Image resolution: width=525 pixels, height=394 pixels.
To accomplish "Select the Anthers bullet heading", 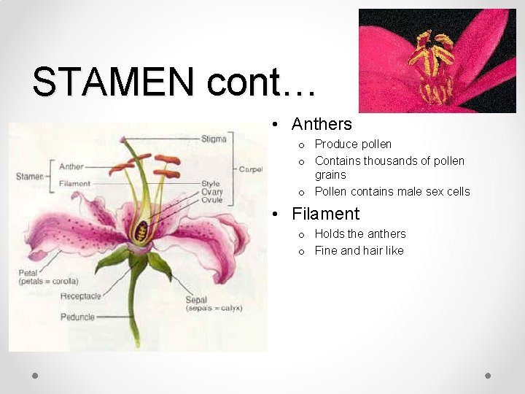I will pyautogui.click(x=322, y=124).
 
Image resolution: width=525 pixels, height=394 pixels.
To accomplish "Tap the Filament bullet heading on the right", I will pyautogui.click(x=325, y=214).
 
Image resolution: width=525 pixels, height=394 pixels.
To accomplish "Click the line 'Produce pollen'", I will pyautogui.click(x=353, y=144).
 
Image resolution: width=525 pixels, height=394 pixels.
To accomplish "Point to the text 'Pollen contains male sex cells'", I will pyautogui.click(x=392, y=192).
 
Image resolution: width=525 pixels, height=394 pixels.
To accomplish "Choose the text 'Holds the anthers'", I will pyautogui.click(x=360, y=233).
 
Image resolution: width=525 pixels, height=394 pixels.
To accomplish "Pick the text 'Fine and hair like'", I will pyautogui.click(x=359, y=251).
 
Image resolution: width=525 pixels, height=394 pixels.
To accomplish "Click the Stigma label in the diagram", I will pyautogui.click(x=214, y=139).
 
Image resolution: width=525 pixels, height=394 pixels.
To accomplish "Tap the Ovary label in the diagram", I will pyautogui.click(x=212, y=192).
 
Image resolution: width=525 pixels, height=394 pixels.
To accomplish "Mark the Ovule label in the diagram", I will pyautogui.click(x=212, y=200).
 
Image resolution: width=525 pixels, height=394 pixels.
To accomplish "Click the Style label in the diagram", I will pyautogui.click(x=211, y=184).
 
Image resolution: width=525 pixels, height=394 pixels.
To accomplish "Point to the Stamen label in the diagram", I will pyautogui.click(x=29, y=177).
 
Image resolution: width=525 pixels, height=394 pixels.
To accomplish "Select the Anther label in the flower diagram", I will pyautogui.click(x=71, y=167).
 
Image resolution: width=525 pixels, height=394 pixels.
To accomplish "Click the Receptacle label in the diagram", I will pyautogui.click(x=80, y=296).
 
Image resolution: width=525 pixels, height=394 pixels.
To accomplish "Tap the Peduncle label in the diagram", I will pyautogui.click(x=77, y=317).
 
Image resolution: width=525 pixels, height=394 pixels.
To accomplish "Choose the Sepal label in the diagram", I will pyautogui.click(x=196, y=299).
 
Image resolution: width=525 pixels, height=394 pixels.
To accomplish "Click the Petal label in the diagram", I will pyautogui.click(x=28, y=273).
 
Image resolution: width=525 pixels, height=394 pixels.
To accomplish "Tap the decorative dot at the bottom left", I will pyautogui.click(x=35, y=375).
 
